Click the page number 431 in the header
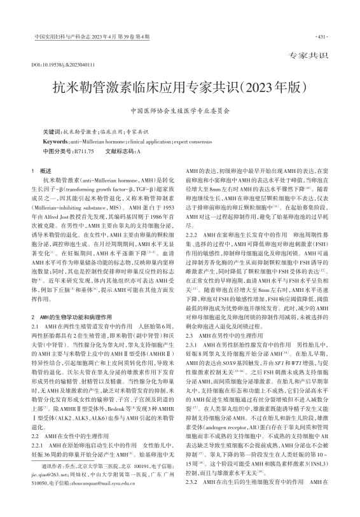click(321, 36)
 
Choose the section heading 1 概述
click(45, 171)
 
